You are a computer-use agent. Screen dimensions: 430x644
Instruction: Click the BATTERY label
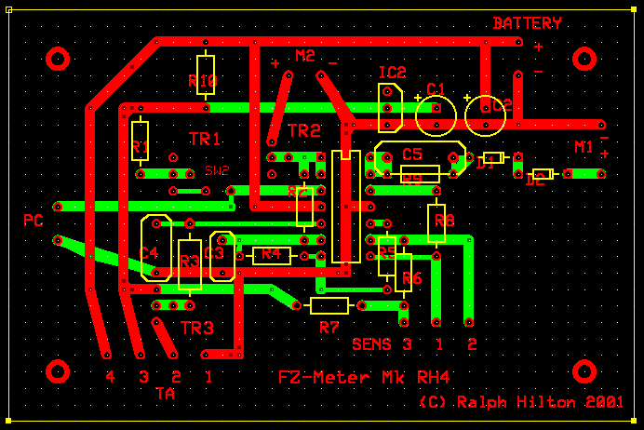528,23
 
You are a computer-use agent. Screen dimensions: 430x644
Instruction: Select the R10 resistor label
204,82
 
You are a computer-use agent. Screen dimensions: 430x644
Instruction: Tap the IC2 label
392,72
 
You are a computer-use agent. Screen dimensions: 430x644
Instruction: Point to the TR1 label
205,139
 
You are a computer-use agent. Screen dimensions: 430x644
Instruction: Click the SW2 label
217,170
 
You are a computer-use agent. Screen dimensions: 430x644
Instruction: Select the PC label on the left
34,221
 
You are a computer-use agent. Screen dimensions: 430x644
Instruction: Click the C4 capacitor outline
155,249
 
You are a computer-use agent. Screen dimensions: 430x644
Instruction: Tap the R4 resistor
271,254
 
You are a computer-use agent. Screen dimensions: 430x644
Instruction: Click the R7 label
329,327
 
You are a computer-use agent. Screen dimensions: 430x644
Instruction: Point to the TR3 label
197,328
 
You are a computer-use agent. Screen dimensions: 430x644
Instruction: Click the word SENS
371,343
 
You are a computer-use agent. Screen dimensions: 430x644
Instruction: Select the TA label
166,393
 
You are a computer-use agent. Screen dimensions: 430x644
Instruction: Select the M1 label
584,147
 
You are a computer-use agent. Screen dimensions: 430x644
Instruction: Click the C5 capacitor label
411,154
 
